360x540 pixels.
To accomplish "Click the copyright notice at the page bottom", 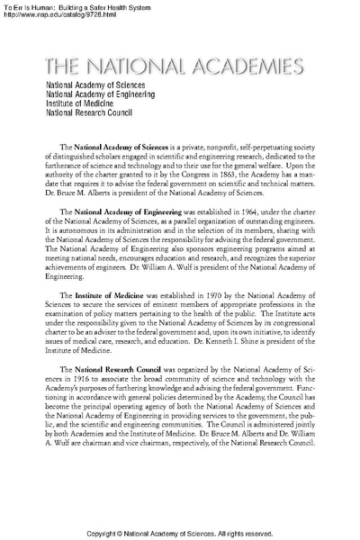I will [180, 529].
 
